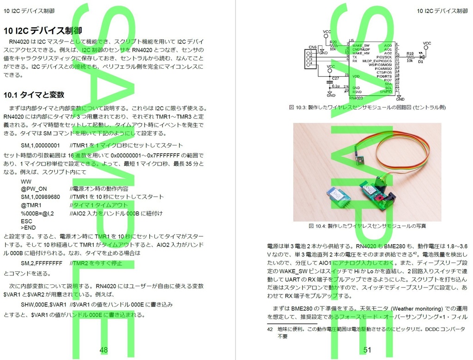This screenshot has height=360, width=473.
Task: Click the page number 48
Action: coord(103,350)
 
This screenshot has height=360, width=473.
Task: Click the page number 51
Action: coord(367,350)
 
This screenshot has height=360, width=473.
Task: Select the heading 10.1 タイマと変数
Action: coord(33,95)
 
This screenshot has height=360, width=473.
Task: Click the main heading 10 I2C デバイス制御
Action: coord(42,31)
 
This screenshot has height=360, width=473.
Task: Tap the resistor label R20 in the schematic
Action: coord(333,42)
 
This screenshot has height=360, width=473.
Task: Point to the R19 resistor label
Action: coord(410,53)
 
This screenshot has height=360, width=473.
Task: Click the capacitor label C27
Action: coord(336,78)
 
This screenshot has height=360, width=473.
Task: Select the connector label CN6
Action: coord(312,47)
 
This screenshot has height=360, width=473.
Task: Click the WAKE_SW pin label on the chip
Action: coord(361,46)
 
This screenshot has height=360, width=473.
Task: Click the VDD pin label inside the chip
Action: coord(356,76)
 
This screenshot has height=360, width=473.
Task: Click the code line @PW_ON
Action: coord(34,189)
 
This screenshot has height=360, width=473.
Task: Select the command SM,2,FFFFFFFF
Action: coord(42,263)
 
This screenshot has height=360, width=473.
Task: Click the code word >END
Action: coord(28,228)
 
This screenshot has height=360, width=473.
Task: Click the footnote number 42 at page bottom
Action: coord(270,329)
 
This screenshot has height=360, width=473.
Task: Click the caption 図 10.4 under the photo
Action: coord(367,226)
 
